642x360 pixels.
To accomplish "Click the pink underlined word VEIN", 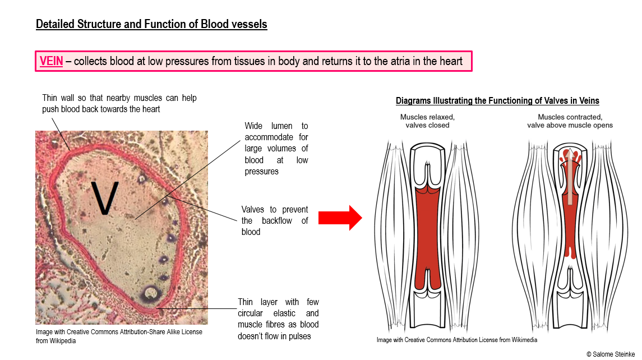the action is (51, 62).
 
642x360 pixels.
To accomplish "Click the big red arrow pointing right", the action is (340, 218).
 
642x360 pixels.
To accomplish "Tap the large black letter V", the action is (104, 198).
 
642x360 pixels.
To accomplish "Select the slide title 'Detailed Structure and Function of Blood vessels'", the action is (151, 24).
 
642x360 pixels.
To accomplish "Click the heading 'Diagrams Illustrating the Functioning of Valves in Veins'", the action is (497, 101).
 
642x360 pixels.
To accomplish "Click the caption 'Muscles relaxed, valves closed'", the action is (427, 121).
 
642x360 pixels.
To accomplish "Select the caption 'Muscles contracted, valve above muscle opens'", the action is (570, 121).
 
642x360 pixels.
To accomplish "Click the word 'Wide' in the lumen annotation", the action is (253, 126).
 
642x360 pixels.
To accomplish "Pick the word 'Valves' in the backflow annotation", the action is (253, 210).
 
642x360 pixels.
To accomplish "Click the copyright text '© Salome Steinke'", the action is (611, 354).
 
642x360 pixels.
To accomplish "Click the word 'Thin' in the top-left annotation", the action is (49, 98).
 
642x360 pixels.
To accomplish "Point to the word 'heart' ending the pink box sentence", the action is (451, 62).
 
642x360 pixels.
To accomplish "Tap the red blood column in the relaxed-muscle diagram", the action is (427, 238).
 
